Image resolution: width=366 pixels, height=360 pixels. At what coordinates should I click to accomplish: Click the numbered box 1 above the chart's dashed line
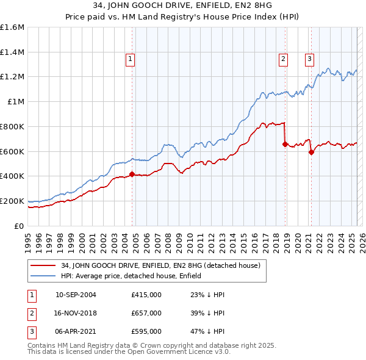point(131,59)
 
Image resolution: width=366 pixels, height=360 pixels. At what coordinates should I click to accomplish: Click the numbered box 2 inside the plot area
point(284,59)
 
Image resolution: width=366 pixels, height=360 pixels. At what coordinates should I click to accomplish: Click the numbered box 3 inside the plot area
point(309,59)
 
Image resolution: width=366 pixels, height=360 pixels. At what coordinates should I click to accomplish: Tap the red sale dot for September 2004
point(132,175)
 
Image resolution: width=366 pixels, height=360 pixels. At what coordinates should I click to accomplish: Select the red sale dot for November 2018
point(285,145)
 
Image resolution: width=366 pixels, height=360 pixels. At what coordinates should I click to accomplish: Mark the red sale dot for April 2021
point(311,152)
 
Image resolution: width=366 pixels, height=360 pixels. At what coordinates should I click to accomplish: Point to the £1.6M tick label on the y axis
point(12,27)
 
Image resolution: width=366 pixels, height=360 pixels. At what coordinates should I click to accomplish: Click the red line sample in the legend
point(42,265)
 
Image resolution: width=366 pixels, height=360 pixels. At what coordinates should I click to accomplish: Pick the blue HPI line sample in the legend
point(42,276)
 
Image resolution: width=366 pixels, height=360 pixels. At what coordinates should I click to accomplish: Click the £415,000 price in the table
point(146,295)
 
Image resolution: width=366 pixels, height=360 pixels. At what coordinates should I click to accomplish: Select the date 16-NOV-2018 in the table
point(76,313)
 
